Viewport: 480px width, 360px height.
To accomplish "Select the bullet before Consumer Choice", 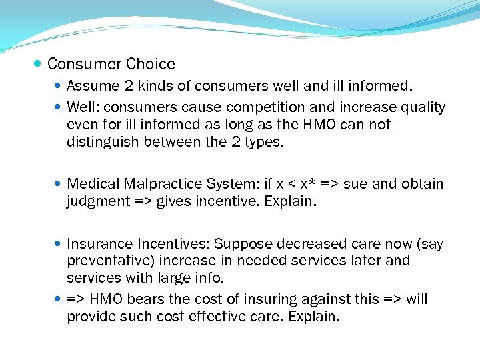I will point(38,65).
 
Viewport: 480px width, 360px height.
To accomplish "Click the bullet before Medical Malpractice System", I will point(59,184).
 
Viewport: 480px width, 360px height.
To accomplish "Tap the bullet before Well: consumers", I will point(59,107).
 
